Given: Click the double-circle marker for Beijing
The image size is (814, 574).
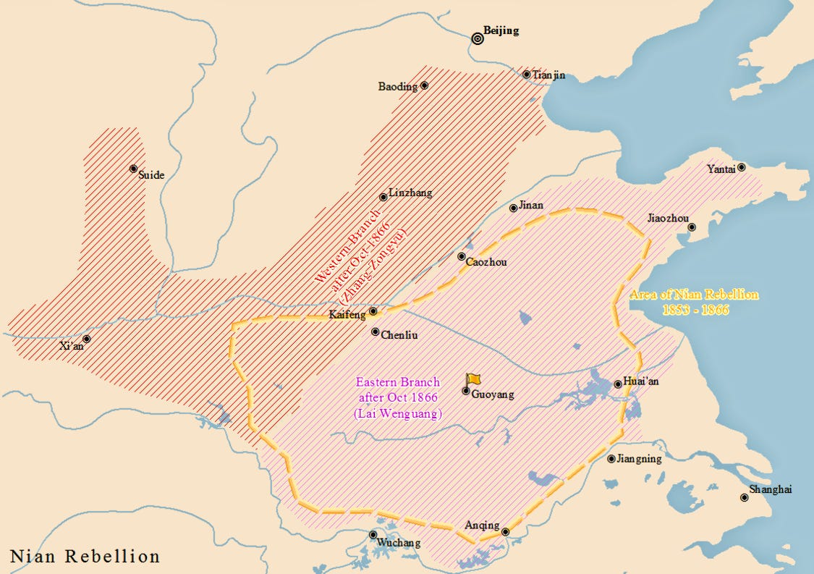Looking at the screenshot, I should (x=477, y=39).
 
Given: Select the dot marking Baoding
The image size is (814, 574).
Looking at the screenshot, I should (x=424, y=85).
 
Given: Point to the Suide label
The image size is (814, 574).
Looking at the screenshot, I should (x=151, y=175).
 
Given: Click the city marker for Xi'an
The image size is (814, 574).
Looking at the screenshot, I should (x=87, y=339).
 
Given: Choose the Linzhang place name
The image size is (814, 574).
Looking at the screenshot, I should (x=410, y=193).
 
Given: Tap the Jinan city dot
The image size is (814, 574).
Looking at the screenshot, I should (x=514, y=208).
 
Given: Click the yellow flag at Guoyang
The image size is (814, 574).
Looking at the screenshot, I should (x=473, y=379).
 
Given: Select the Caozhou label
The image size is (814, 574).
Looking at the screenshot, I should (x=487, y=262).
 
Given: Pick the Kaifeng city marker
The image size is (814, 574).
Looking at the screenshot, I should (x=373, y=311).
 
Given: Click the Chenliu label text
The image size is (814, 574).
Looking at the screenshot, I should (x=399, y=335).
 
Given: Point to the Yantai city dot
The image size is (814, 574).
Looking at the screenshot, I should (x=741, y=167).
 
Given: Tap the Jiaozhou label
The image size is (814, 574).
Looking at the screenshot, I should (x=668, y=219).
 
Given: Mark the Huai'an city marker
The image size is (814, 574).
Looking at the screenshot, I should (x=617, y=384).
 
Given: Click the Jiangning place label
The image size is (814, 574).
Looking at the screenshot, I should (x=640, y=459).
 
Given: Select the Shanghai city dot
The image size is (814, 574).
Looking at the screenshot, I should (x=744, y=497).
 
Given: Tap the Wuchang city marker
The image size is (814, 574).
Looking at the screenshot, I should (x=373, y=535).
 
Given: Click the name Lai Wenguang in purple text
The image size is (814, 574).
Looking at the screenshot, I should (x=398, y=413).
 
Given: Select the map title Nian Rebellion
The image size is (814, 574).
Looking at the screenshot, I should (x=85, y=556).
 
